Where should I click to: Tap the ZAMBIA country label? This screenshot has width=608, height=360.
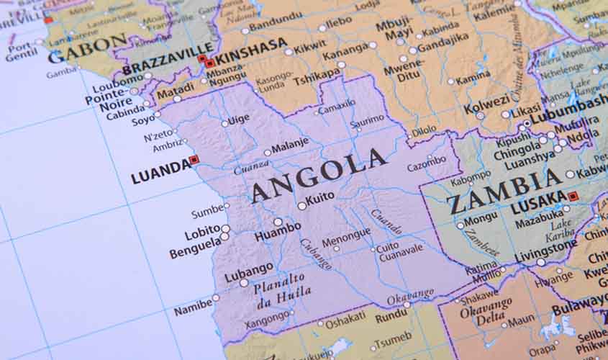click(x=503, y=190)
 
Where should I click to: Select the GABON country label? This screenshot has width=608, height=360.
click(x=77, y=53)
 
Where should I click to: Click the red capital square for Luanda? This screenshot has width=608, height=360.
click(x=194, y=160)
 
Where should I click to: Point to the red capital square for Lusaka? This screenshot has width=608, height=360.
click(x=573, y=196)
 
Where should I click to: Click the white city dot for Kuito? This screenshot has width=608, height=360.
click(x=301, y=205)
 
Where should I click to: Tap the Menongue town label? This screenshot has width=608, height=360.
click(x=346, y=237)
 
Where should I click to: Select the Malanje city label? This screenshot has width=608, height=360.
click(x=289, y=143)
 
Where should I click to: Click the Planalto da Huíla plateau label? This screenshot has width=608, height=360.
click(x=282, y=285)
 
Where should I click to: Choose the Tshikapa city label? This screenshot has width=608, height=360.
click(x=316, y=76)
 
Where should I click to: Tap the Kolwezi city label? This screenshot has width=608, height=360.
click(x=486, y=108)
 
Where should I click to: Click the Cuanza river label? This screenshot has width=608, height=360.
click(x=252, y=168)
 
